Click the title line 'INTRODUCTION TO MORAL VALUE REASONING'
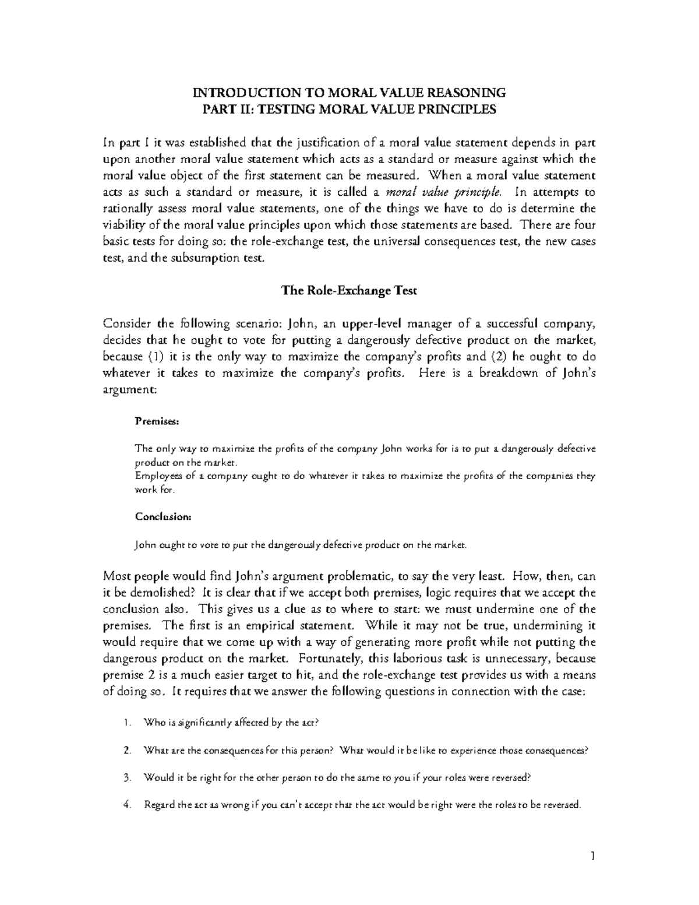point(349,93)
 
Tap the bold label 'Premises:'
point(153,420)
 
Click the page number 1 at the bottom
point(592,856)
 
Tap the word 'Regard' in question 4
point(159,805)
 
